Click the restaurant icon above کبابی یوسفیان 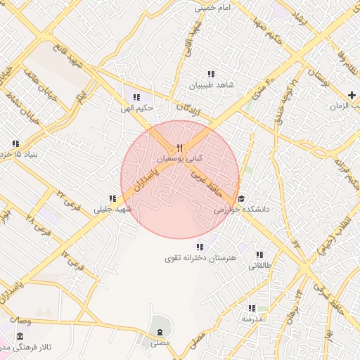[x=180, y=148]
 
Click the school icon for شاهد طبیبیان [x=210, y=74]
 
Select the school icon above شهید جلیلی [x=112, y=198]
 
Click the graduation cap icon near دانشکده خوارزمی [x=242, y=198]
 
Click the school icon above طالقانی [x=259, y=255]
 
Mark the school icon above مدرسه [x=251, y=308]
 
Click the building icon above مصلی [x=160, y=331]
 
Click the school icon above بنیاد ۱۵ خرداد [x=15, y=144]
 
